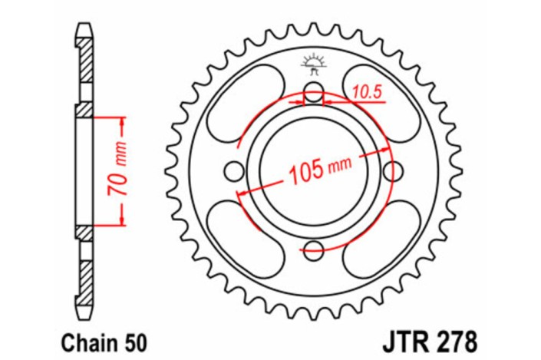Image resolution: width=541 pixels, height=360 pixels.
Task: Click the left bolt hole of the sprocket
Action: pos(235,170)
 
